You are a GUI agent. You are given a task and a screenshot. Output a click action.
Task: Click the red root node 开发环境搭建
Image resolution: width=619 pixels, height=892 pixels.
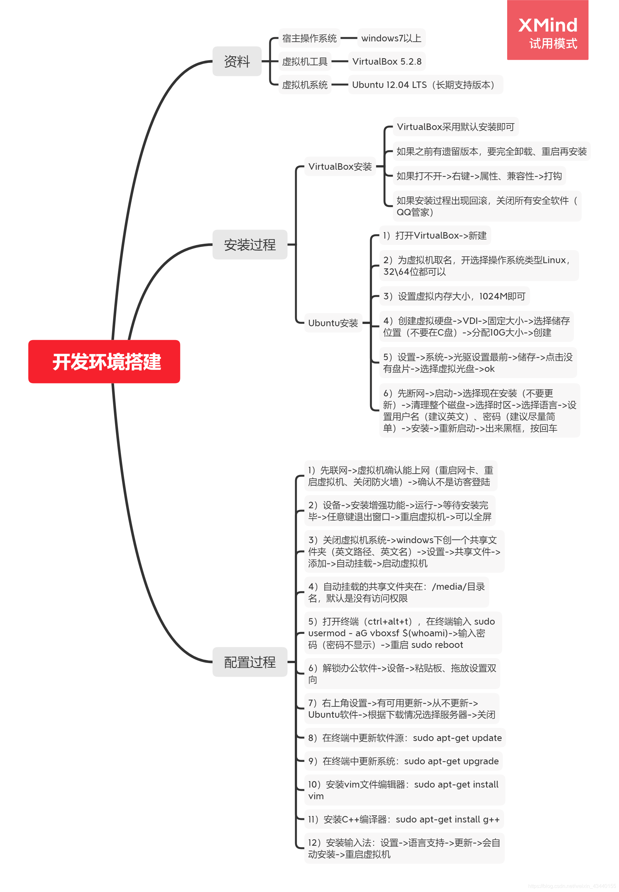coord(104,361)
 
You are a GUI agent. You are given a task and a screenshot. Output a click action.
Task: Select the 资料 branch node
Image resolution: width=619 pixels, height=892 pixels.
coord(237,61)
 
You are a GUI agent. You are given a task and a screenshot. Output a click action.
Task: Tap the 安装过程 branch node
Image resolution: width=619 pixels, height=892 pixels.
coord(250,244)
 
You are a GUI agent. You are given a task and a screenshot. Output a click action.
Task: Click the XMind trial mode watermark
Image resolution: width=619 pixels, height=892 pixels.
coord(547,30)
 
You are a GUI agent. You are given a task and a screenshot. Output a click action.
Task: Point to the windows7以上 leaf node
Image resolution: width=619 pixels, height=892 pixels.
coord(391,38)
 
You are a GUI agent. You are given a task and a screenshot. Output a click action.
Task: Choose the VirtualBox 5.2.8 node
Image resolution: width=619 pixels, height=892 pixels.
coord(386,61)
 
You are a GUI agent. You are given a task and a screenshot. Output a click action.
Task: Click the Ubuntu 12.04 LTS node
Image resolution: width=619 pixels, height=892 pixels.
coord(425,85)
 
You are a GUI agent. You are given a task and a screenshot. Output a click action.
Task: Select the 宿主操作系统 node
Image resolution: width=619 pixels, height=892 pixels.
coord(309,38)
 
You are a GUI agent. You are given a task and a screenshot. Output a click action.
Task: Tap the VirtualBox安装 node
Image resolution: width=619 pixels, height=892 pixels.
coord(340,167)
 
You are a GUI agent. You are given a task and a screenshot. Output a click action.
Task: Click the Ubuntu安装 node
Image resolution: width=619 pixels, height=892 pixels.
coord(333,323)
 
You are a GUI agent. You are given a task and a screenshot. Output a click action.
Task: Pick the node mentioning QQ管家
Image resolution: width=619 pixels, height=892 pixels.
coord(486,206)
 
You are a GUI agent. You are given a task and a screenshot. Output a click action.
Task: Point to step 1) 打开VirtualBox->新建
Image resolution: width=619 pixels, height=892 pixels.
coord(434,235)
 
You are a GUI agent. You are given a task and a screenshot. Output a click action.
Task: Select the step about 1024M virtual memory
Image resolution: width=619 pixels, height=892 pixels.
coord(454,296)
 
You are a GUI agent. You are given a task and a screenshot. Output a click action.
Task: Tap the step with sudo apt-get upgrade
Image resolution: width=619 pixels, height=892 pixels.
coord(403,761)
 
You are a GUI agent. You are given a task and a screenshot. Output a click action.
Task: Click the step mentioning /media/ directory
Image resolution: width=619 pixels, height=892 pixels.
coord(396,592)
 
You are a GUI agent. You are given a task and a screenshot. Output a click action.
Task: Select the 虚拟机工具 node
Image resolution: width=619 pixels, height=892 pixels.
coord(304,61)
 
